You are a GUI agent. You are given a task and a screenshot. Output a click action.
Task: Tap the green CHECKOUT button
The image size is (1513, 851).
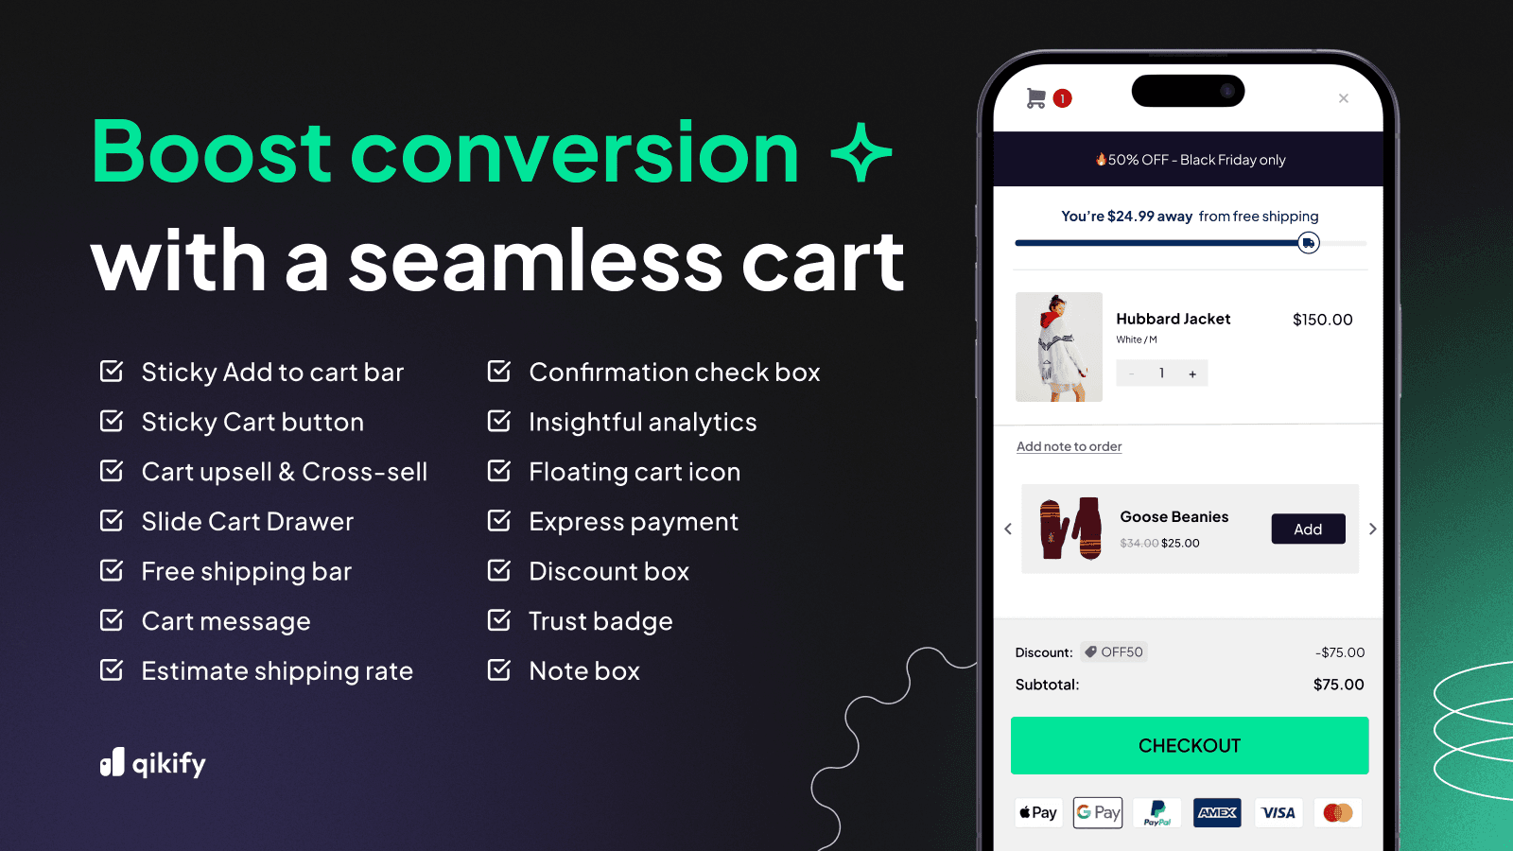pos(1189,745)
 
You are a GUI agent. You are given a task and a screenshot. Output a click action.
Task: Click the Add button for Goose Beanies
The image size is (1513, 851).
pos(1308,529)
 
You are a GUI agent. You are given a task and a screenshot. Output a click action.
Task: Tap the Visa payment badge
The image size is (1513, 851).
pos(1278,812)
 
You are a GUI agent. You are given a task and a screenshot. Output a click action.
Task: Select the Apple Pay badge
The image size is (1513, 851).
pos(1038,812)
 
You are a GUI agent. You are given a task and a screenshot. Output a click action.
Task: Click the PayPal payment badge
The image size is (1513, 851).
pos(1157,812)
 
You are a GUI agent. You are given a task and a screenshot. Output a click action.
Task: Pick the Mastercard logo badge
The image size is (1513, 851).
pos(1338,812)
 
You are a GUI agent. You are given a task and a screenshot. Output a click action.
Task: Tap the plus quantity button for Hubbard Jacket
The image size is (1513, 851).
pos(1192,373)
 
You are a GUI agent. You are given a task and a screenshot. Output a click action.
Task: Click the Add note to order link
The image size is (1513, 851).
pos(1069,446)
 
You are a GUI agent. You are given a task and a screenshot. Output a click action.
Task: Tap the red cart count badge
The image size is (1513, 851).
pos(1063,98)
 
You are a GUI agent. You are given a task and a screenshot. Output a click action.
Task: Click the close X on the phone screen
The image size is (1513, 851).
pos(1343,98)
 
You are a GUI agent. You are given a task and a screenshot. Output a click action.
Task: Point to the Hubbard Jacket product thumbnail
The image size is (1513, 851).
pos(1058,347)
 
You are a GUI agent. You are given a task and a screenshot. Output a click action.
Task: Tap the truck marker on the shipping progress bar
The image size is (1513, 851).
pos(1308,243)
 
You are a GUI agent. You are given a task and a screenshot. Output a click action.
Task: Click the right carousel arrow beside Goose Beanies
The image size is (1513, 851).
pos(1372,529)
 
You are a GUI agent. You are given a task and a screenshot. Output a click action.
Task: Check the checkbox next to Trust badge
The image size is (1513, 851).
pos(498,620)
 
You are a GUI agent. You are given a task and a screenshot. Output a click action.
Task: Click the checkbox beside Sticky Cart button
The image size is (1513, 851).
pos(112,421)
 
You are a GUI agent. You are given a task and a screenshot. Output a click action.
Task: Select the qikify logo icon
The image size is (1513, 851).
pos(113,762)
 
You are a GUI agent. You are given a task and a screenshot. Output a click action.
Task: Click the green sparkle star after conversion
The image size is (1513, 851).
pos(861,152)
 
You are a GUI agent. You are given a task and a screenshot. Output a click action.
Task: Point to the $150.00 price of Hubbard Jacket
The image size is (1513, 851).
pos(1322,320)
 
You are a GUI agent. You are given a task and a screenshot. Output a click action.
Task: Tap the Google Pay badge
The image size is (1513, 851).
pos(1098,812)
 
